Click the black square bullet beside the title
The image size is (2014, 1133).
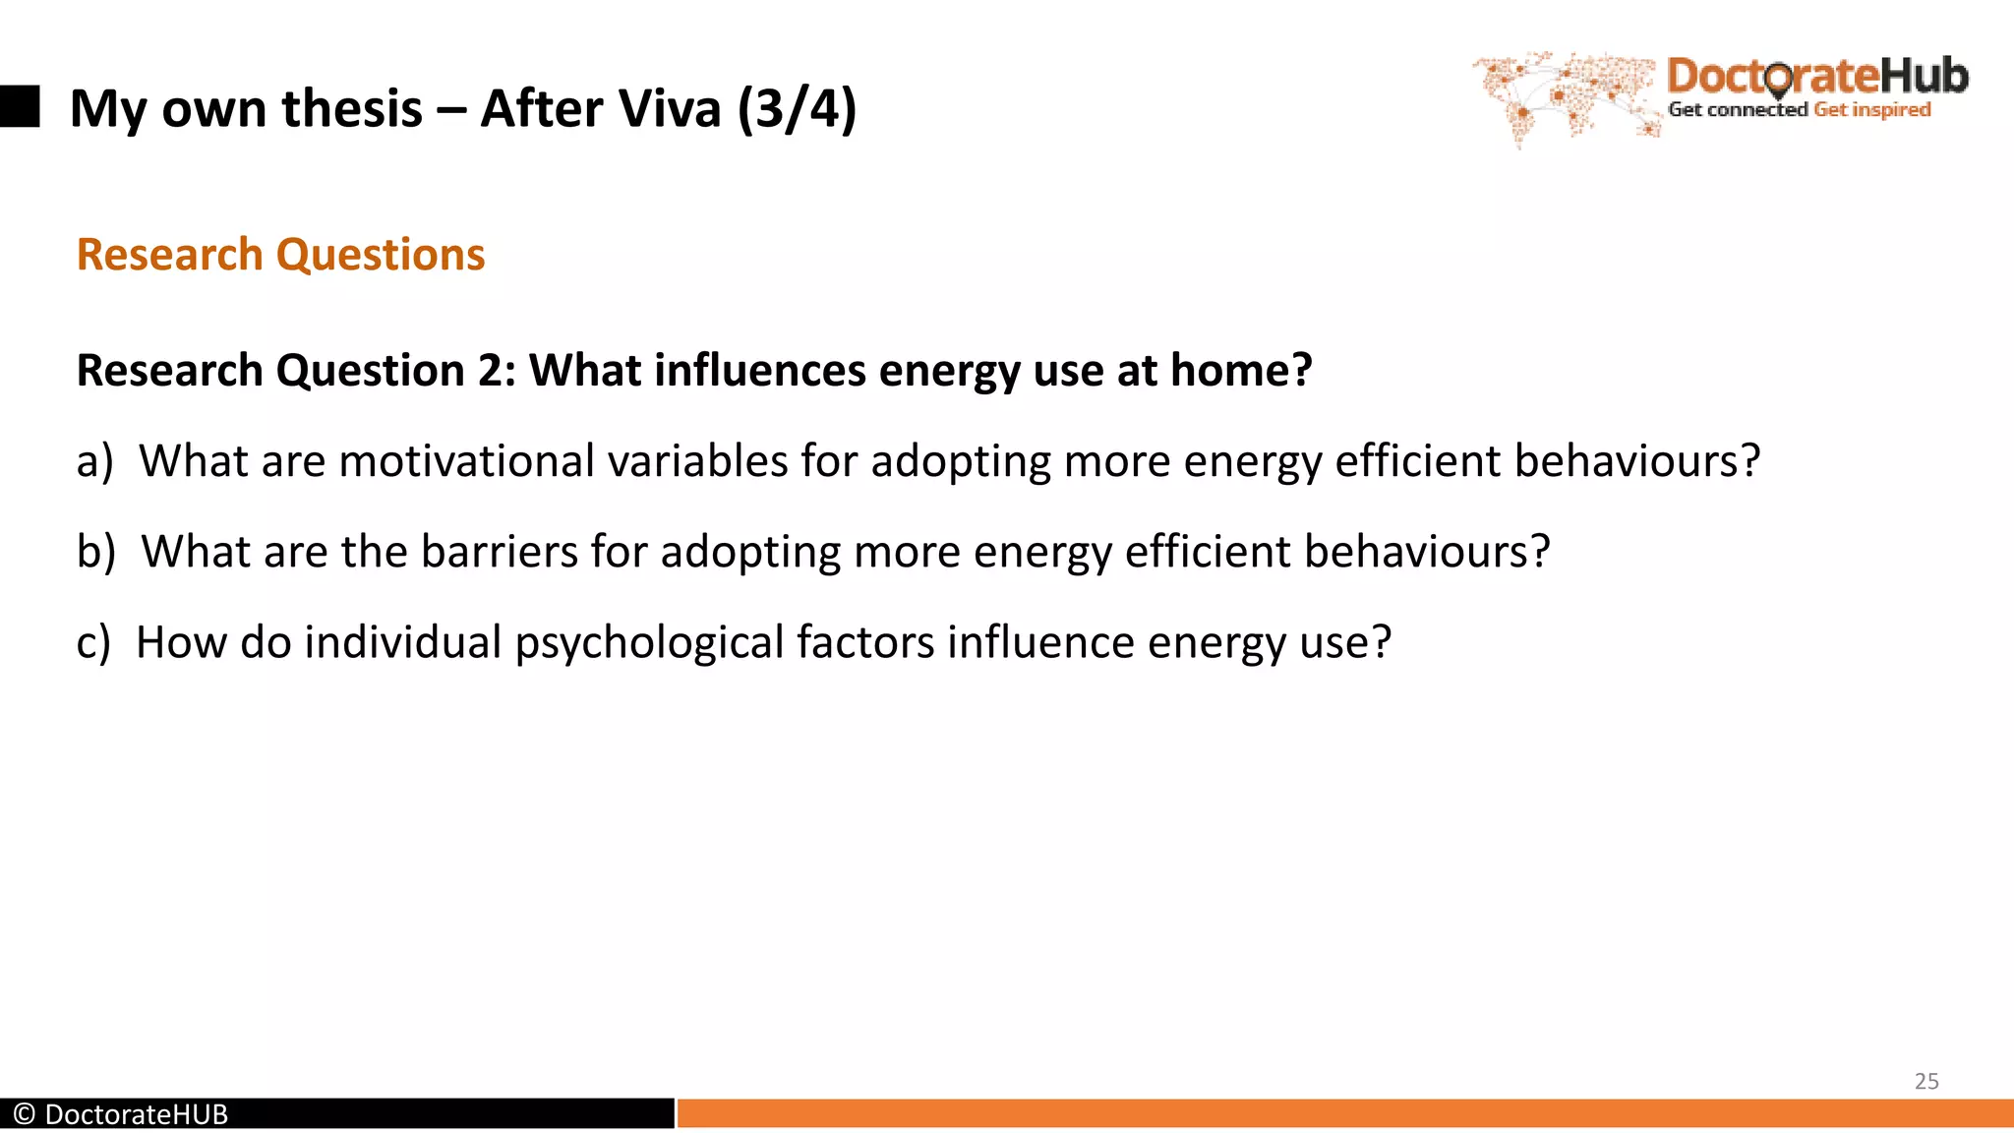20,106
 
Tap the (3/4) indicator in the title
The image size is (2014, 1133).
797,108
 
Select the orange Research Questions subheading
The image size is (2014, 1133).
280,255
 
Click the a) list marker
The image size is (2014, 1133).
95,461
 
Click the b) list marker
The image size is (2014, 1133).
96,552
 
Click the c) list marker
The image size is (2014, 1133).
93,642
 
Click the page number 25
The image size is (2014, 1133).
1926,1081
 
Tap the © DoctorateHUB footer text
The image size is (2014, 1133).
121,1114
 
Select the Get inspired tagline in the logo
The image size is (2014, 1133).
1871,110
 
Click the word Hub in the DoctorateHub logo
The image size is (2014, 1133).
1924,76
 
